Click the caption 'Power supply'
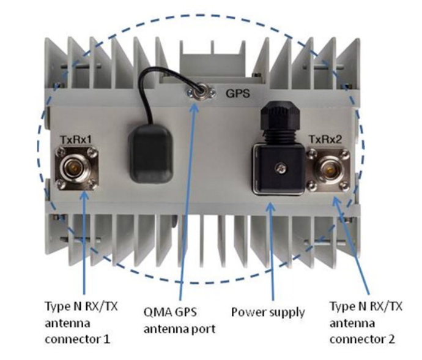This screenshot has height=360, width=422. coord(267,313)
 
